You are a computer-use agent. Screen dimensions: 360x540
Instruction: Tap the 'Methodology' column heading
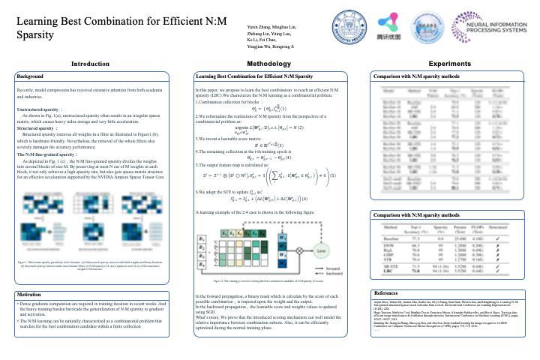268,65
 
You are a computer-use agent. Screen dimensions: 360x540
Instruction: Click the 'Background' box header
31,77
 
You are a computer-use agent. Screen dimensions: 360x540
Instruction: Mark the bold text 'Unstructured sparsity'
39,109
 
